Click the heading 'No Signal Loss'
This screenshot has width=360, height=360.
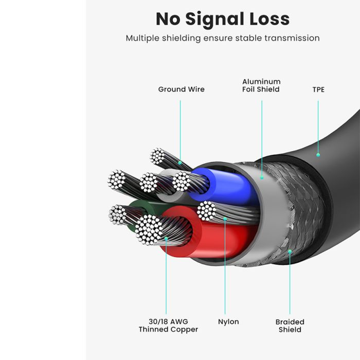coord(223,19)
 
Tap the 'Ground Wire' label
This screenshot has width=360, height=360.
coord(182,89)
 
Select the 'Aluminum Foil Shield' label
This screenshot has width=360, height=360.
coord(261,85)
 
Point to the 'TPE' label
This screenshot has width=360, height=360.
coord(318,89)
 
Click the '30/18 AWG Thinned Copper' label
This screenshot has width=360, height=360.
coord(168,326)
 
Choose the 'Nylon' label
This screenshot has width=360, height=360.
coord(228,322)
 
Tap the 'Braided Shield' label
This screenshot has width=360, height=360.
coord(290,326)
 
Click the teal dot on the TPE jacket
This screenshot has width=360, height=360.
coord(318,155)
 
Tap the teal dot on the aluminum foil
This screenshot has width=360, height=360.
coord(262,177)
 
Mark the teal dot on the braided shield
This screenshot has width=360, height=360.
coord(290,251)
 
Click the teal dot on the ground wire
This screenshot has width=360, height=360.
coord(180,163)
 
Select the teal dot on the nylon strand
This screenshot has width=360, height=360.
coord(225,219)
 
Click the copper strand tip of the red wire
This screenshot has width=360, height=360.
coord(148,229)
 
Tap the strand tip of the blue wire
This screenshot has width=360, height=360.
coord(182,182)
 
